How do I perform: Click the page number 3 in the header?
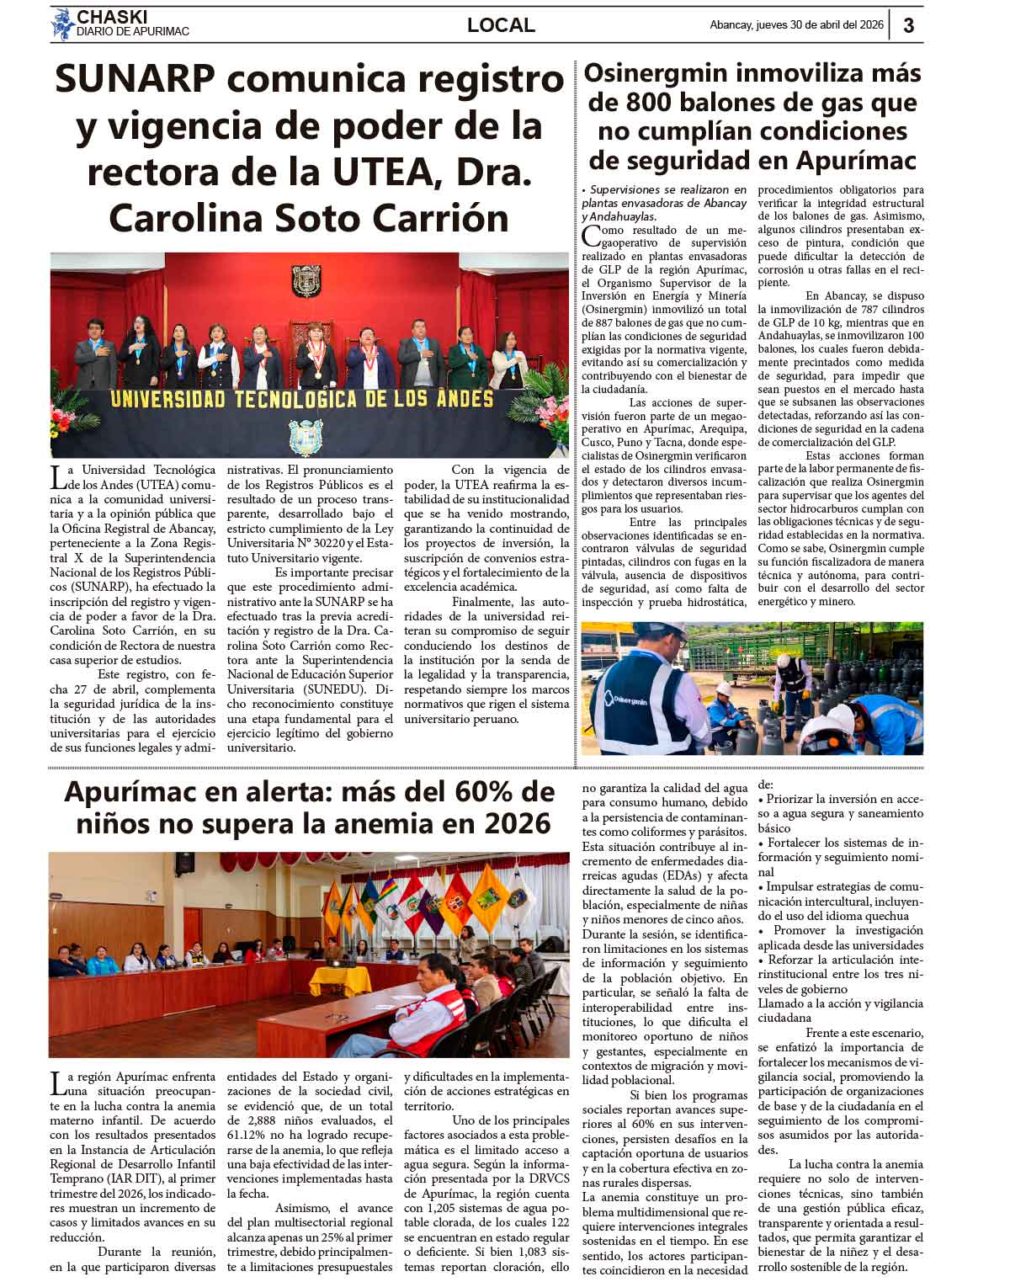909,26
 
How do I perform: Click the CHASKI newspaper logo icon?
62,24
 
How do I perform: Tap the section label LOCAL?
501,25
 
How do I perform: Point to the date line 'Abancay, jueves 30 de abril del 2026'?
796,25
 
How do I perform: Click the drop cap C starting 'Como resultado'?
591,235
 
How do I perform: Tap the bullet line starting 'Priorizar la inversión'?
840,799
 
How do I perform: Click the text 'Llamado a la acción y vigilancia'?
840,1003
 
